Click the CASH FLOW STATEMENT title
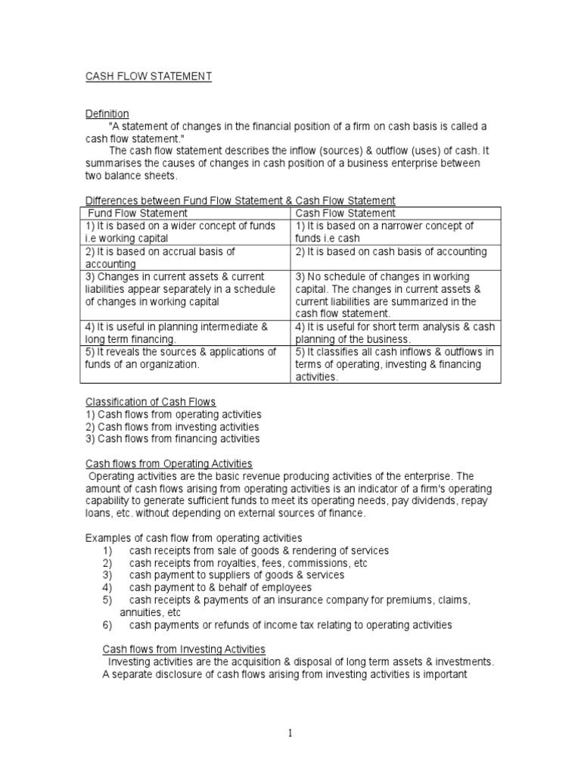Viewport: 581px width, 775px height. point(148,76)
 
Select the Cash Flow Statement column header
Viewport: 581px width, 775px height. point(345,213)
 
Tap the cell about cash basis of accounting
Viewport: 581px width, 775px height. point(391,251)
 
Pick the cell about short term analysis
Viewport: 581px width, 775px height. point(395,333)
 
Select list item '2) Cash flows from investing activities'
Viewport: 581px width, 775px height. point(172,426)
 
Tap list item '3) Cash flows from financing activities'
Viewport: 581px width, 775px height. point(172,438)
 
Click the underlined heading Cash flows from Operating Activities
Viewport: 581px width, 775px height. point(168,463)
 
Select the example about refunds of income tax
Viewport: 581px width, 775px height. point(290,624)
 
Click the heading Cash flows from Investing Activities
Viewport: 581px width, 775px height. point(184,649)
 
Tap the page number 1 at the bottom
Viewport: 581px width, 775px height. point(290,733)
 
